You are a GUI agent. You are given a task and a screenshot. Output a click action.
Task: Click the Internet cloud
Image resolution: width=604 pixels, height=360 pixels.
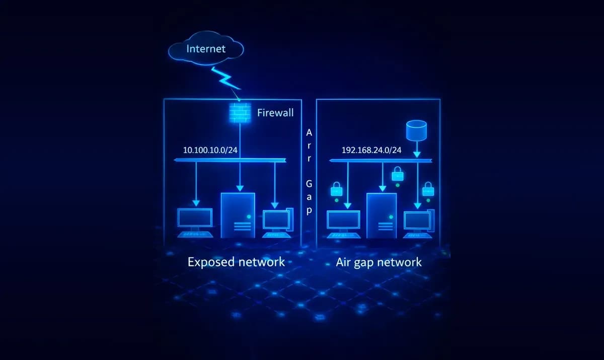(x=206, y=49)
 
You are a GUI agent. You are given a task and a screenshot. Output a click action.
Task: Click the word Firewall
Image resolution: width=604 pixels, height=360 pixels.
(x=275, y=113)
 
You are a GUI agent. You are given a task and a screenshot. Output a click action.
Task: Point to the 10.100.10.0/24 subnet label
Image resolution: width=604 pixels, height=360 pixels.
(x=210, y=150)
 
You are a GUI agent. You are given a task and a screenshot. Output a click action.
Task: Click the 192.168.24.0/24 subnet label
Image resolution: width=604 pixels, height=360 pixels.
(x=371, y=150)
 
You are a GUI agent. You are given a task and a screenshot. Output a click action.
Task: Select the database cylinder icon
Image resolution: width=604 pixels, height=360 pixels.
(x=416, y=130)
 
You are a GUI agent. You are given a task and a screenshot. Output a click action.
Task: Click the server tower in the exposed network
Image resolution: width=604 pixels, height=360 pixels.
(x=238, y=215)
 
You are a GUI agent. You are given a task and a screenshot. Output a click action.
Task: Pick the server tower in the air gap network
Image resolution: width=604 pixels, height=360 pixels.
(x=381, y=215)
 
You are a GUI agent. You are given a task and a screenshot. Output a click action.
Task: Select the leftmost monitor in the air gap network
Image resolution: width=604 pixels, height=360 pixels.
(x=344, y=222)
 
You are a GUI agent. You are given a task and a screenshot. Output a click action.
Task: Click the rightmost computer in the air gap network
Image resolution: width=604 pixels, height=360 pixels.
(x=418, y=222)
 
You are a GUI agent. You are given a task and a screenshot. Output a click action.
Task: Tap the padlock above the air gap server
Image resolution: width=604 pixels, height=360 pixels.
(x=398, y=174)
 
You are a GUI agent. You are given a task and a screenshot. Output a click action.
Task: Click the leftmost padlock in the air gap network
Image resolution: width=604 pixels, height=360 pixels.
(x=336, y=189)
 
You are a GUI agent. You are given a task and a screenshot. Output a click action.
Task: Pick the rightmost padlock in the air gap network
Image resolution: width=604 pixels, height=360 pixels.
(x=428, y=189)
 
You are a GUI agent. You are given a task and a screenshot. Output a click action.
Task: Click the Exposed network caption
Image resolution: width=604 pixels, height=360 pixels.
(x=236, y=262)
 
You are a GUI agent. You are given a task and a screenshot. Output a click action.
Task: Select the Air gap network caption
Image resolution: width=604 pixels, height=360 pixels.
(x=379, y=262)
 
